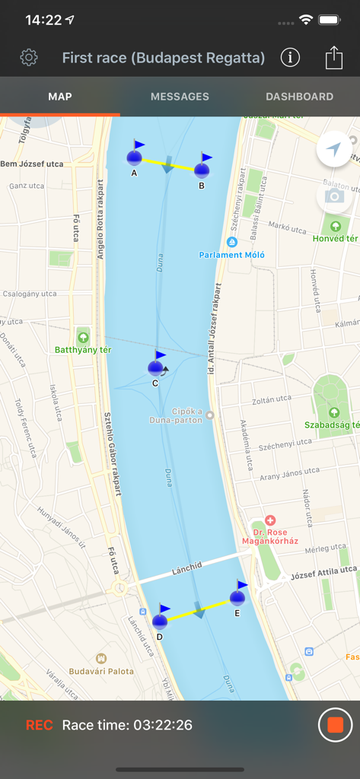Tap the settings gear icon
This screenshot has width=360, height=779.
(29, 57)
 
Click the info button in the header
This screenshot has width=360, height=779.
(290, 57)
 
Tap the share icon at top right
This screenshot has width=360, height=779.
(333, 57)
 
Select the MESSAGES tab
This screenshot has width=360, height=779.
(180, 97)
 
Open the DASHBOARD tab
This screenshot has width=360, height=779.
(299, 97)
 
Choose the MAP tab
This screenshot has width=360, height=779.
(59, 97)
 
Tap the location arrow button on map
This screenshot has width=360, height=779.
(333, 150)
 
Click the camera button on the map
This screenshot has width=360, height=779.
(333, 196)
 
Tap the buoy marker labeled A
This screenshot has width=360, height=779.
(135, 157)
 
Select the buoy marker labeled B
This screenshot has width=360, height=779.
(202, 170)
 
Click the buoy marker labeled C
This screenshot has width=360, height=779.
(156, 368)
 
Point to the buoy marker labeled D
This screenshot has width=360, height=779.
(160, 621)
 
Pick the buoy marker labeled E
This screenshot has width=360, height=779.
(237, 597)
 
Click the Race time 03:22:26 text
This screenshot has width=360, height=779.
(127, 725)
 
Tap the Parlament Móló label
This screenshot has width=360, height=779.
(232, 255)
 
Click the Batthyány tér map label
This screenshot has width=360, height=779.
(83, 350)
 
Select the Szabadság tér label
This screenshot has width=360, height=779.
(330, 424)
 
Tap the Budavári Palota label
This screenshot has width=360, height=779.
(101, 671)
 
